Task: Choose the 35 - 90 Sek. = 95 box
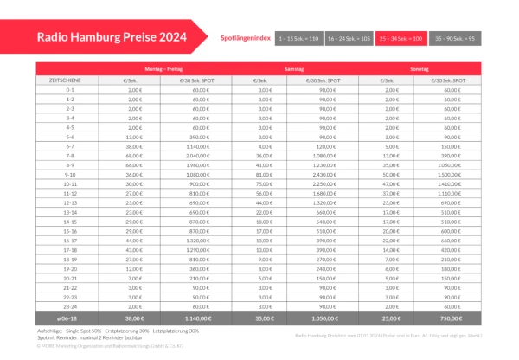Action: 455,39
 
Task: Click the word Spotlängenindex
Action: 247,39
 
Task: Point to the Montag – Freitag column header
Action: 164,67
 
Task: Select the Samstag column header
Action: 295,67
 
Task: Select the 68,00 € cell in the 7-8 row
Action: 134,156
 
